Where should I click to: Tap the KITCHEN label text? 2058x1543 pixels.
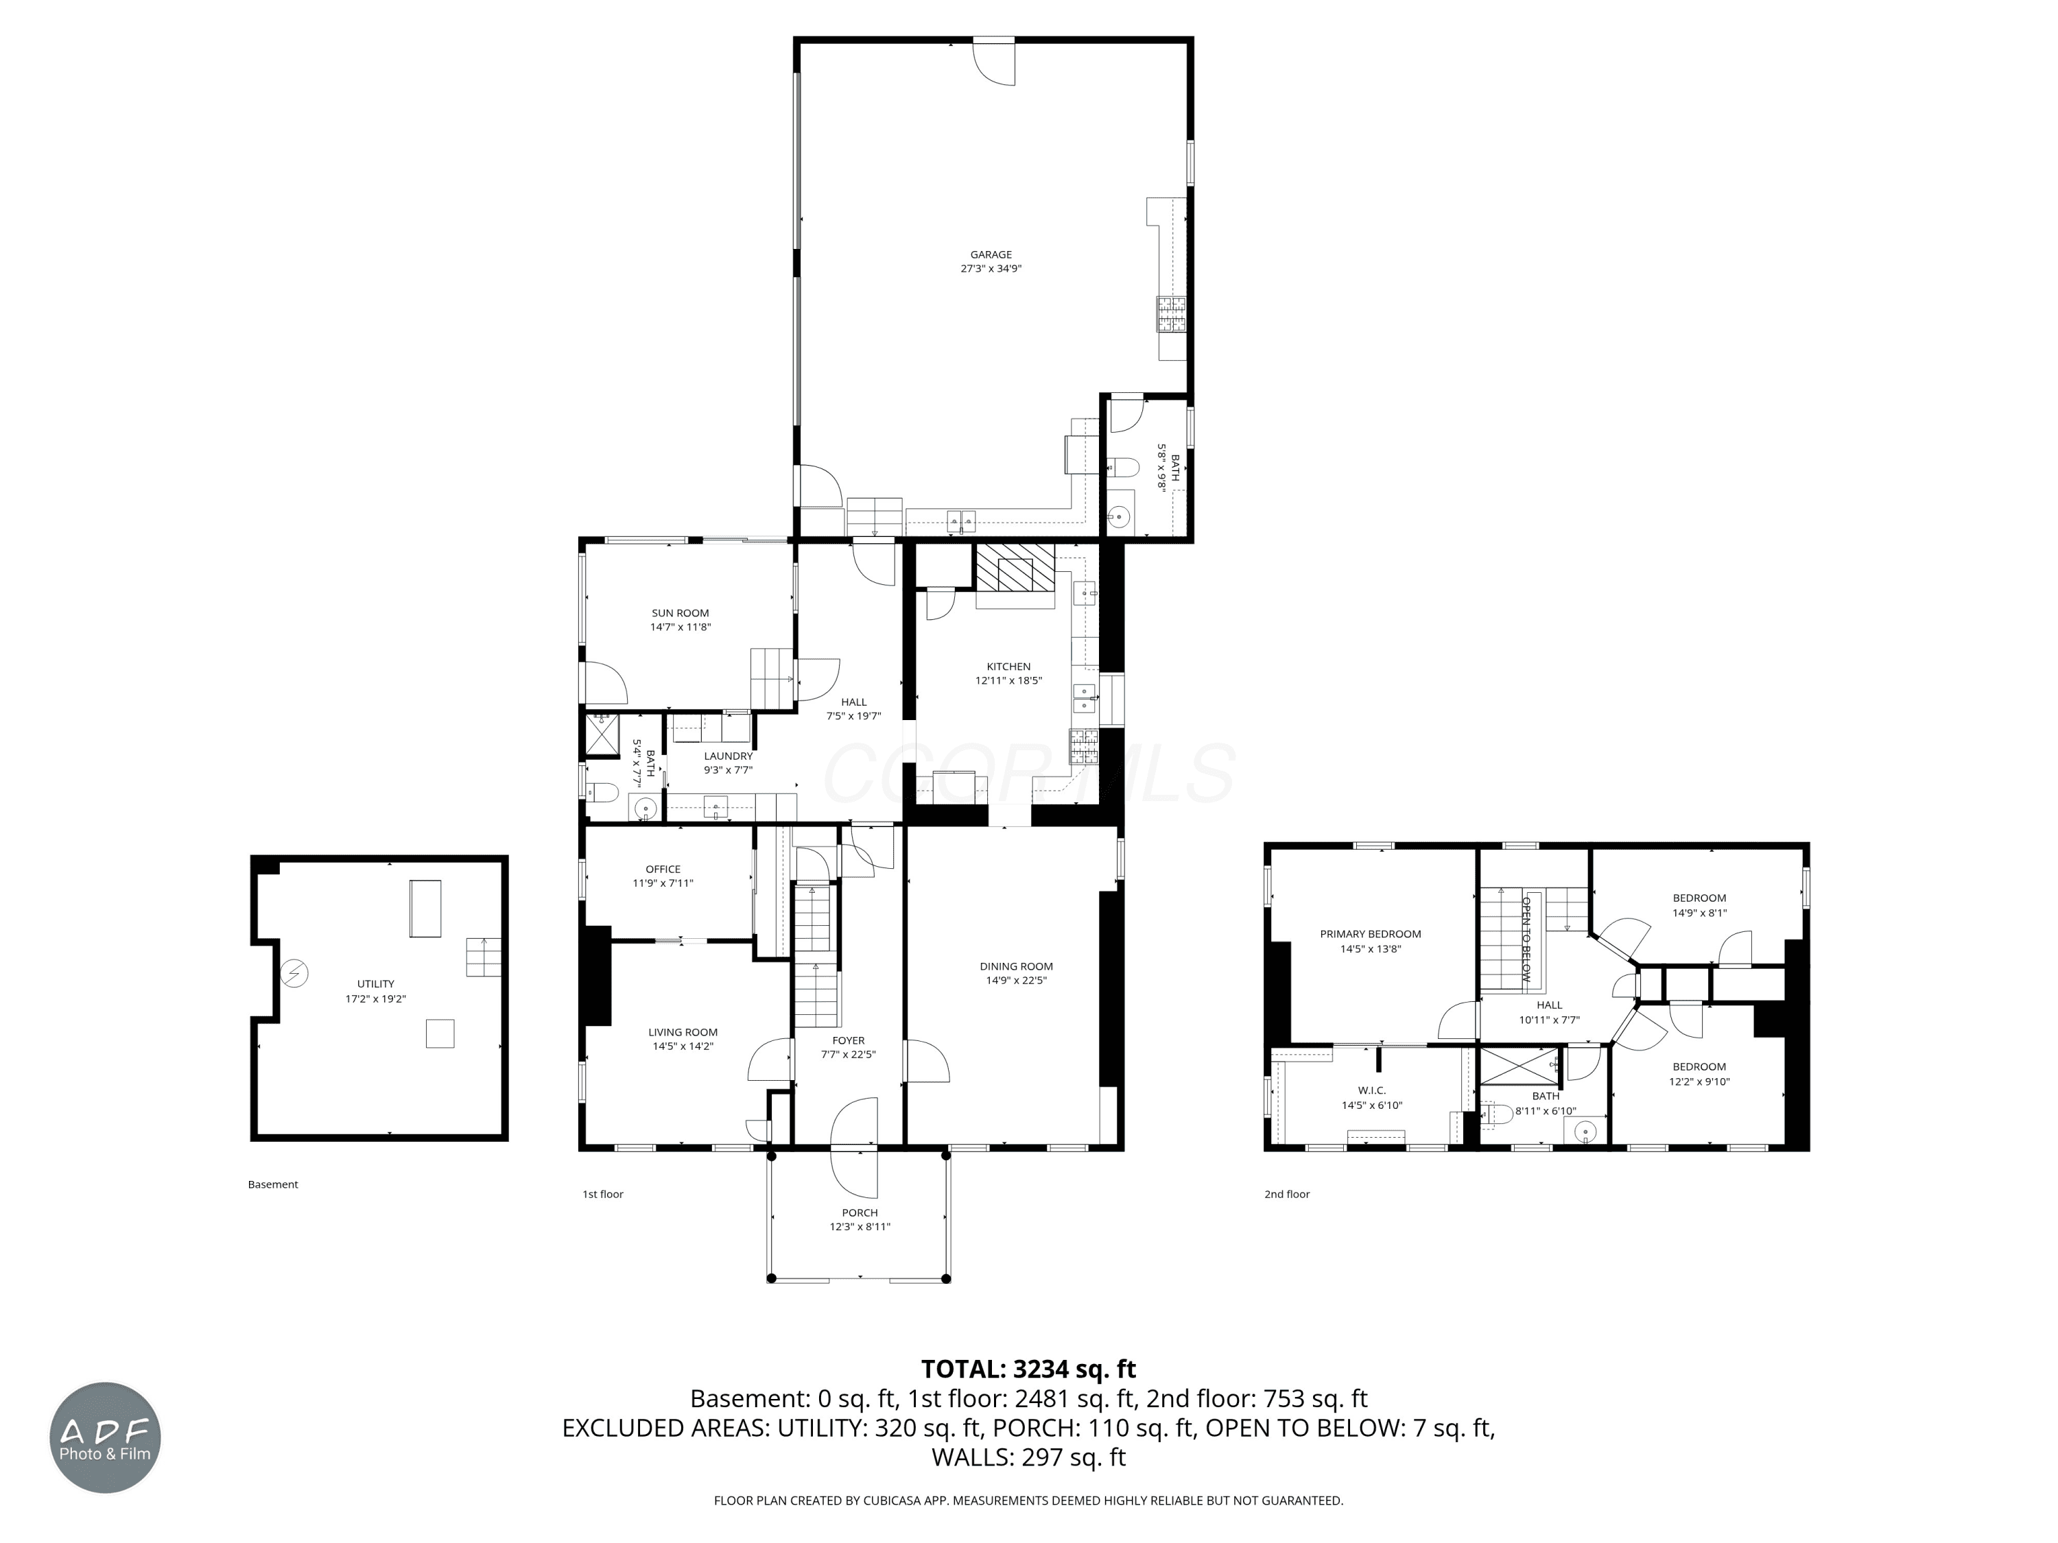(x=1008, y=667)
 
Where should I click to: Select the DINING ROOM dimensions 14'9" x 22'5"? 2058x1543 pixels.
(x=1016, y=980)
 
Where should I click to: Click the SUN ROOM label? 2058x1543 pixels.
(x=680, y=614)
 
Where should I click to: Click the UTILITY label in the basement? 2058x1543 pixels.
(x=376, y=984)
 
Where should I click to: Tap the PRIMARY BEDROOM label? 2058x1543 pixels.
(x=1371, y=935)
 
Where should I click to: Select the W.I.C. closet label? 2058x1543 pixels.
(x=1371, y=1091)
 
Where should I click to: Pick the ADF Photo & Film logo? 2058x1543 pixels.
(x=105, y=1438)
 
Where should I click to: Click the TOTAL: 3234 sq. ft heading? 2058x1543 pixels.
(x=1028, y=1369)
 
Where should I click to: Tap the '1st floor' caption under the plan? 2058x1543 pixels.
(x=603, y=1194)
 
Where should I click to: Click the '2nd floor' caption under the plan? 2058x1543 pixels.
(x=1287, y=1194)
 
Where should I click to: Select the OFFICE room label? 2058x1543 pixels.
(x=663, y=870)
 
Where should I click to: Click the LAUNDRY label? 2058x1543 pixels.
(x=728, y=757)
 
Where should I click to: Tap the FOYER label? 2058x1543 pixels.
(x=849, y=1041)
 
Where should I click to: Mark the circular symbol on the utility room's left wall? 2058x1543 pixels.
(x=295, y=974)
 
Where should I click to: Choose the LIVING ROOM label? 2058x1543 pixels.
(x=683, y=1032)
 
